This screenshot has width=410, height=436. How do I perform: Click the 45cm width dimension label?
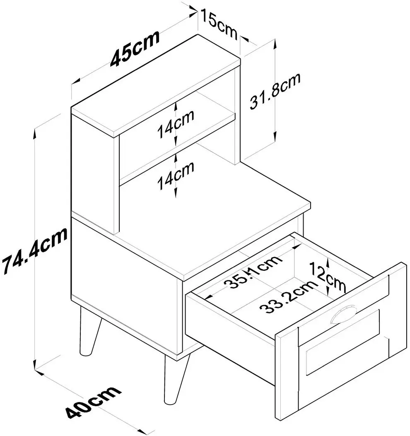pyautogui.click(x=135, y=48)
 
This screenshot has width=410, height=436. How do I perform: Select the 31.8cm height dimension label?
pyautogui.click(x=275, y=91)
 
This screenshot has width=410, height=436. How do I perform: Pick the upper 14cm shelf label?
pyautogui.click(x=176, y=124)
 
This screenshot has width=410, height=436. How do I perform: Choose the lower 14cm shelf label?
pyautogui.click(x=176, y=176)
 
